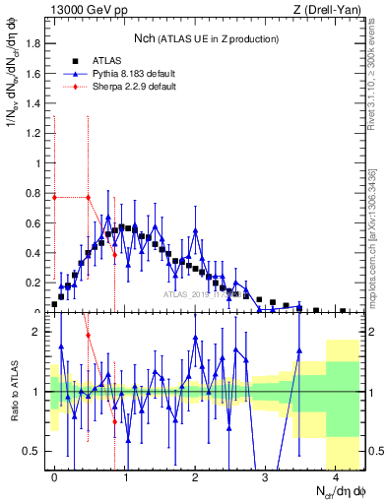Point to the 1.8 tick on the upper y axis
(33, 43)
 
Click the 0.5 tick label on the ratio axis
(33, 451)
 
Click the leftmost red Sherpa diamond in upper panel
(54, 197)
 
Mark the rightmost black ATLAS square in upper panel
(342, 311)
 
